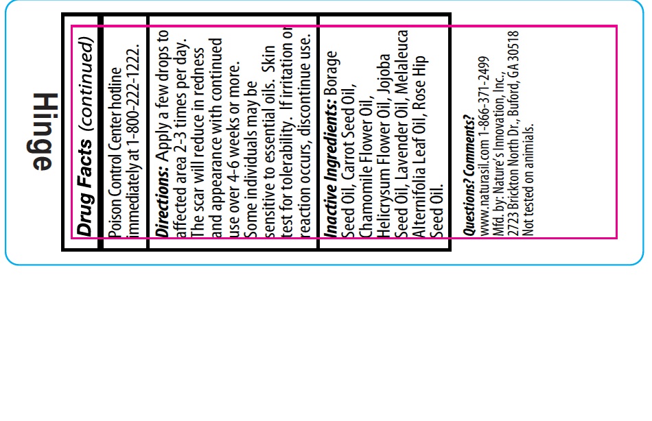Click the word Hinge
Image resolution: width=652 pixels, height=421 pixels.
click(x=43, y=132)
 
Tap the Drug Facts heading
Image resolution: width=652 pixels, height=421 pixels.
click(x=84, y=187)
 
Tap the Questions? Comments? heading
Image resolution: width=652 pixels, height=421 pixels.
click(x=469, y=176)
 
